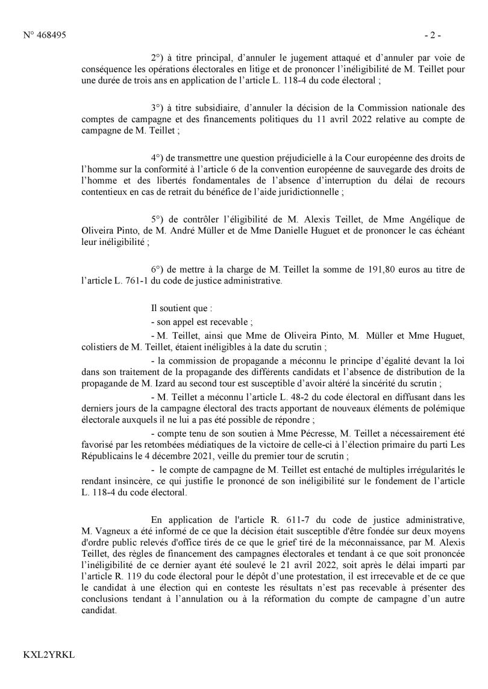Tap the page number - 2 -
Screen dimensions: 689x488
pos(433,36)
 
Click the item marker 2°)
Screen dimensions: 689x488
pos(159,58)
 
